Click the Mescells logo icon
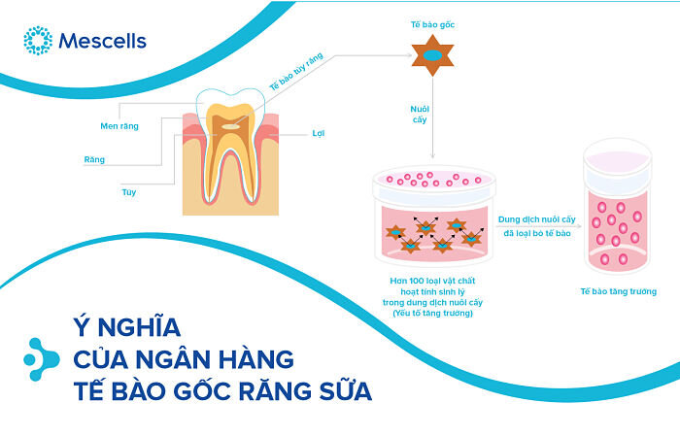tap(37, 41)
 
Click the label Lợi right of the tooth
tap(318, 133)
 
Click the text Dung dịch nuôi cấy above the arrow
tap(533, 219)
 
